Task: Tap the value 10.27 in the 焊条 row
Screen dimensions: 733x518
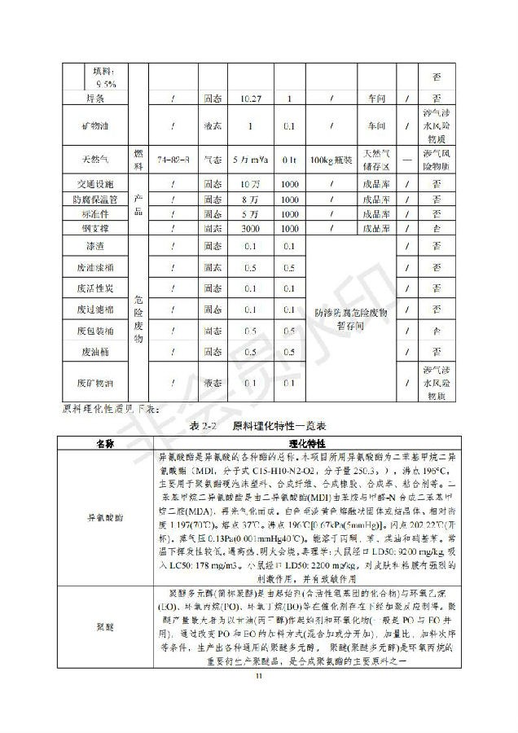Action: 251,98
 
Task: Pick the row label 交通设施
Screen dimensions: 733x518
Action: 105,184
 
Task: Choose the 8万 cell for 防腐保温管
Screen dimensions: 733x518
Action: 251,199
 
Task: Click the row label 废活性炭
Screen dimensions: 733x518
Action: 105,288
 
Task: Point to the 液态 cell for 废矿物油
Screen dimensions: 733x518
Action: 213,382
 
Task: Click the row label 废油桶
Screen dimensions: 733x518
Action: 105,352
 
